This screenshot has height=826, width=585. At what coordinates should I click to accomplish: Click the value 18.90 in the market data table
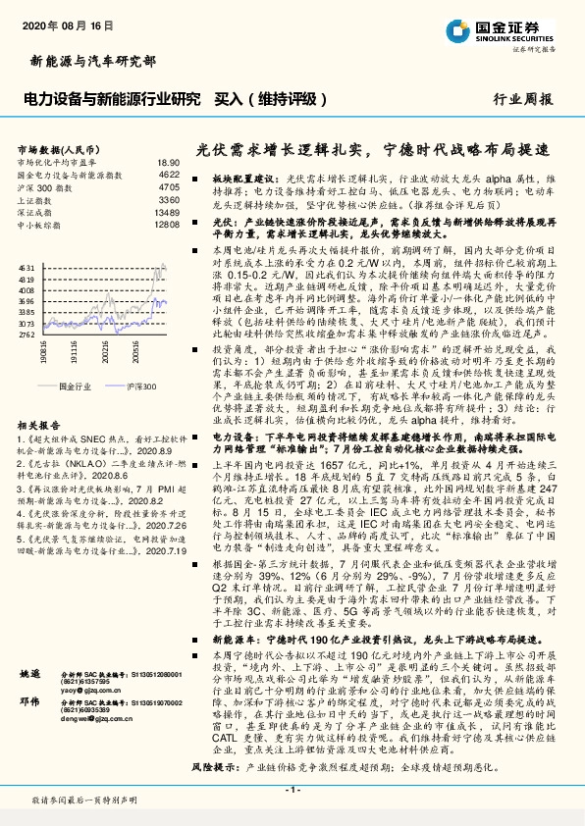click(168, 162)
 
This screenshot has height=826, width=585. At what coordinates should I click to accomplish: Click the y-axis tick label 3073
click(27, 322)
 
